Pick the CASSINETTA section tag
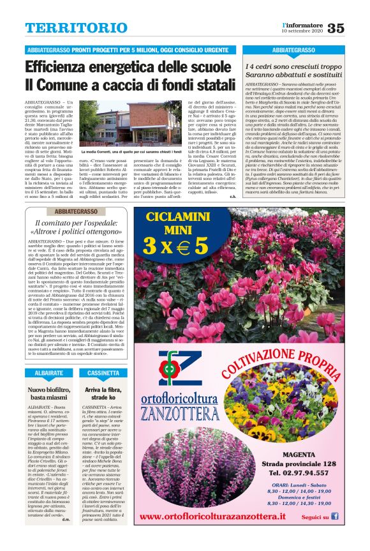[103, 372]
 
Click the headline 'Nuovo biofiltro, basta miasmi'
[49, 393]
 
